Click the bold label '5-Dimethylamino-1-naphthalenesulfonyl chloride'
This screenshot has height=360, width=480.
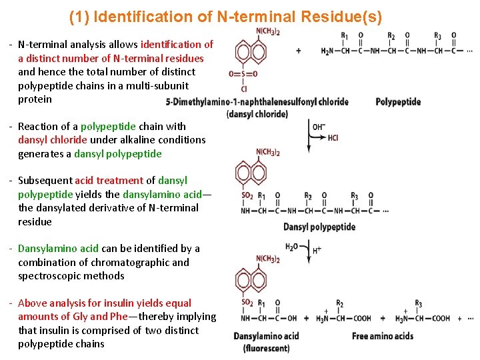point(257,102)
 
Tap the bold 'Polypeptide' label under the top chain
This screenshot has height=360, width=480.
point(398,102)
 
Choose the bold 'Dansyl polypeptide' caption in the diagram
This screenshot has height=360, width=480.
point(319,227)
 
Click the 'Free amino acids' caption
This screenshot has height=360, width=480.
point(383,336)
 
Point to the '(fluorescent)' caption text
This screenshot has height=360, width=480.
point(266,348)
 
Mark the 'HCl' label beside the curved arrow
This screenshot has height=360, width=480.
point(333,138)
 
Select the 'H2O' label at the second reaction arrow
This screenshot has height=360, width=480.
point(292,247)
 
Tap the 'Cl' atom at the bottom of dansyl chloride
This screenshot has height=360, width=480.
point(244,89)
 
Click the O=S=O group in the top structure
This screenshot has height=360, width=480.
point(243,74)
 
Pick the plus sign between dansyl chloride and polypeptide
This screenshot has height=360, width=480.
point(298,51)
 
